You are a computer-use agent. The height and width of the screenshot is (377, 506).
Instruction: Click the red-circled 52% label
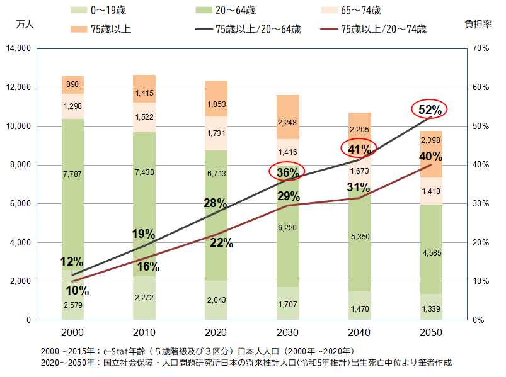429,109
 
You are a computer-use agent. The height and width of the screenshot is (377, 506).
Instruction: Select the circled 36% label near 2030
287,171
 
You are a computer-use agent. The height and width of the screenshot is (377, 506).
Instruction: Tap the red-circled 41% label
359,149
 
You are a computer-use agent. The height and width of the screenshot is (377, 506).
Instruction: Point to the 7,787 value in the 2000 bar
73,172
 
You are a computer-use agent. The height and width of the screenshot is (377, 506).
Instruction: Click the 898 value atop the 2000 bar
73,84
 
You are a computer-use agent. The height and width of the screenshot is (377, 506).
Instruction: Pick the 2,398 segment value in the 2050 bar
430,140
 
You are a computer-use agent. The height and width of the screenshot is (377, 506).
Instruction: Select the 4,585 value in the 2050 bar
430,254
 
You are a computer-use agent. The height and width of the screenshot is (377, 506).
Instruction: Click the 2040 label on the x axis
359,332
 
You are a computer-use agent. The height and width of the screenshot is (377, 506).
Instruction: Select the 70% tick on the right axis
480,48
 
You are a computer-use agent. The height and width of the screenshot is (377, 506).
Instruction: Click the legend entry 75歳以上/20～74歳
383,29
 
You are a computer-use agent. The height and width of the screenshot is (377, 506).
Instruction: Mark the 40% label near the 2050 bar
430,156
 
